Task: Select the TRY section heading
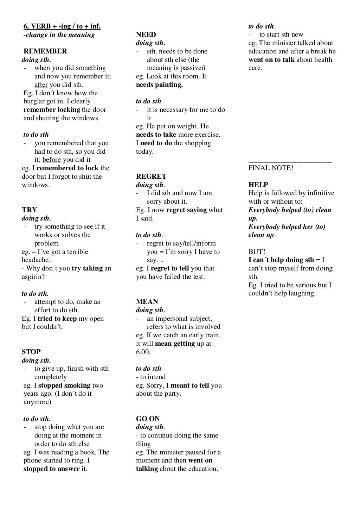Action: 29,210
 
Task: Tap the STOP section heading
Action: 31,352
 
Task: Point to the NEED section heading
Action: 146,34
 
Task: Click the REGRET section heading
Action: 151,177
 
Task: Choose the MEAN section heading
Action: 147,302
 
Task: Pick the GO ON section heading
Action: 148,419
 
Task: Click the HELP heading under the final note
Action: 258,185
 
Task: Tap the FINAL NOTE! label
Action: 271,168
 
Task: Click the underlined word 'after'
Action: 41,85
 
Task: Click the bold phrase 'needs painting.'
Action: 159,85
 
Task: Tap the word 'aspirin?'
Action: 33,277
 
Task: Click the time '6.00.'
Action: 143,352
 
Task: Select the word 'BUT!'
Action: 257,252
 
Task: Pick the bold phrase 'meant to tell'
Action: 190,385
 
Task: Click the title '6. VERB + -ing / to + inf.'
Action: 62,26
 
